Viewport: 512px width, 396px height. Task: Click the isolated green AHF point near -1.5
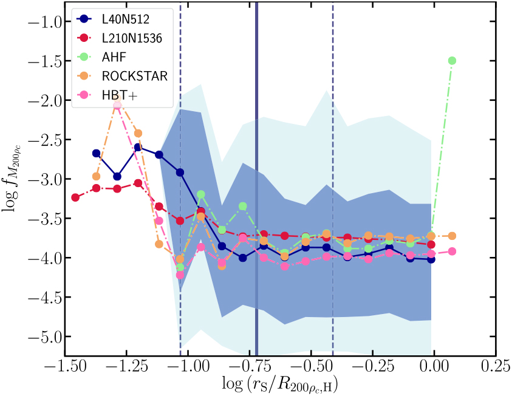click(451, 61)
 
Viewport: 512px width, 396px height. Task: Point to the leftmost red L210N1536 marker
click(75, 197)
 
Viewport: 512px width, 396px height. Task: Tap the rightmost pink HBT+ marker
click(451, 251)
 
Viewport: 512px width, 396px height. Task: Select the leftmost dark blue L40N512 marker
click(96, 153)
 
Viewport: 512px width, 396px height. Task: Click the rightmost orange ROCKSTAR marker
click(451, 236)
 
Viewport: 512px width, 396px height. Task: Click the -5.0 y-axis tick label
click(41, 336)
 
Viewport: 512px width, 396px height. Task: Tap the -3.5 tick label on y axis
click(41, 219)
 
